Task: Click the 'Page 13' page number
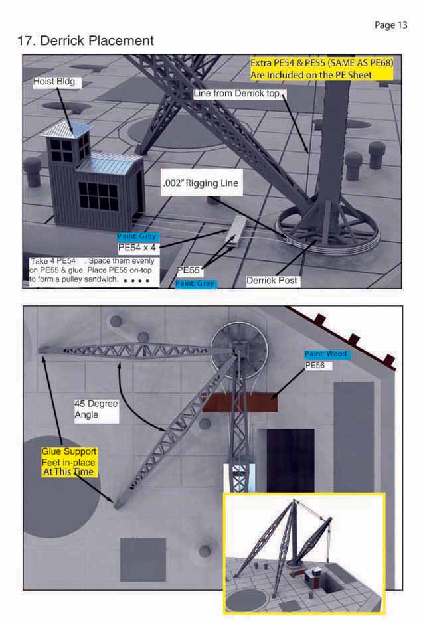click(390, 25)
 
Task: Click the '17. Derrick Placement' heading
click(86, 40)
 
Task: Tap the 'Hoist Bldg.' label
click(55, 82)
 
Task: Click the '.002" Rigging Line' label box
click(201, 183)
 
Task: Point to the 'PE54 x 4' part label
click(137, 248)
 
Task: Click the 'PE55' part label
click(188, 270)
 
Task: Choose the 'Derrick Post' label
click(272, 281)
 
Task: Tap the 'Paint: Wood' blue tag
click(326, 354)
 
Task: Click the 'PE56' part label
click(315, 365)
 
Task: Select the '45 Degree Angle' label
click(96, 409)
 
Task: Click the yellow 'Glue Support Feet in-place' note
click(69, 461)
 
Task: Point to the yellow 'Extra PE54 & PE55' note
click(321, 69)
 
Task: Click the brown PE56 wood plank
click(240, 403)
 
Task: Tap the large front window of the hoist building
click(98, 195)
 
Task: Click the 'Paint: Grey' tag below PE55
click(195, 283)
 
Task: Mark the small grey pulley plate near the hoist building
click(236, 229)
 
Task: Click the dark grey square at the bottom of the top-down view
click(143, 560)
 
